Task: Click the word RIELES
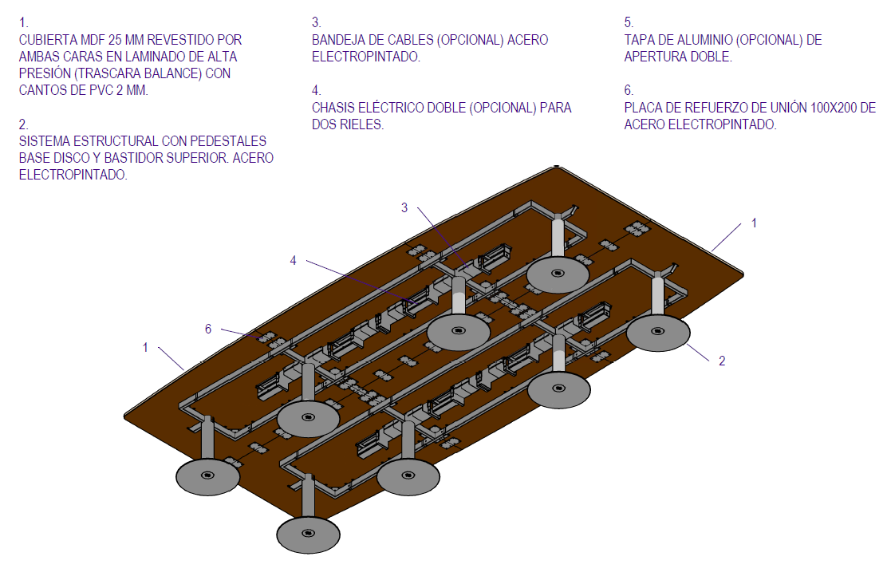click(362, 125)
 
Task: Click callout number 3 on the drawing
click(404, 208)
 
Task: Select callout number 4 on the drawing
click(294, 260)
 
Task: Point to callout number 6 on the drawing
click(208, 329)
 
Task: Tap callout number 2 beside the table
click(722, 361)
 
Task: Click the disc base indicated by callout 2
click(658, 332)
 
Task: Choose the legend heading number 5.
click(628, 22)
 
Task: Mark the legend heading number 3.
click(316, 22)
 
